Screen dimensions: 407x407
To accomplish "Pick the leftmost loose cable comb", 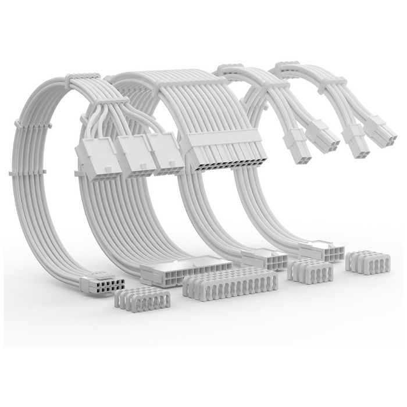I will [x=142, y=298].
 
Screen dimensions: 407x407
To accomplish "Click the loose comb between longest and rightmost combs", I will [x=309, y=271].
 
